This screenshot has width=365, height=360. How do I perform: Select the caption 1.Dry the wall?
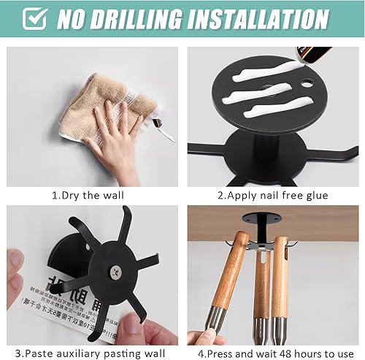point(88,196)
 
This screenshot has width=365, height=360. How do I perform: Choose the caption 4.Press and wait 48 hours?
point(274,352)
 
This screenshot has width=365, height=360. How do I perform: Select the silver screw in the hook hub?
point(115,272)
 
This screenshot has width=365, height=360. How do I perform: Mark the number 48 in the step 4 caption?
point(291,352)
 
